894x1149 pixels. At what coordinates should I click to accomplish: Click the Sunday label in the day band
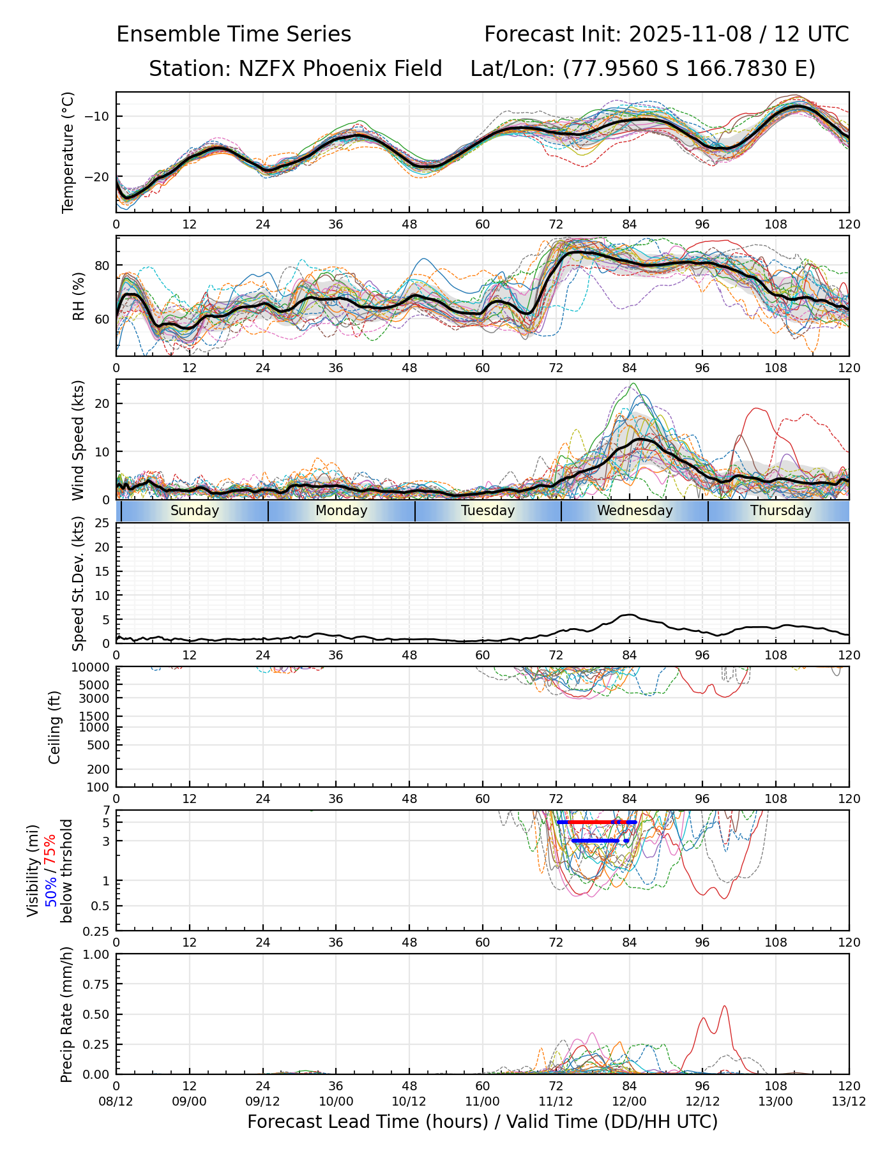coord(195,511)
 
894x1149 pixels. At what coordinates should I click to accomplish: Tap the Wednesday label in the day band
coord(635,511)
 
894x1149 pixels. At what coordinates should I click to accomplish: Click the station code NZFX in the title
coord(267,68)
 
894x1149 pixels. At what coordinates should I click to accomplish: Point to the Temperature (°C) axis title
coord(68,152)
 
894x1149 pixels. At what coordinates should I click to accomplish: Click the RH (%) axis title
coord(79,296)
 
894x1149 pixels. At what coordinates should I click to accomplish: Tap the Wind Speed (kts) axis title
coord(79,440)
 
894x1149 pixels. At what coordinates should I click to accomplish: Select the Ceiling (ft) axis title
coord(55,727)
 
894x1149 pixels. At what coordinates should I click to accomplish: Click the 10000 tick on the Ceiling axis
coord(93,668)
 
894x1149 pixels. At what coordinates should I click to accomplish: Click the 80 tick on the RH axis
coord(102,266)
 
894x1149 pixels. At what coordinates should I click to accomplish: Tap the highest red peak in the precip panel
coord(725,1007)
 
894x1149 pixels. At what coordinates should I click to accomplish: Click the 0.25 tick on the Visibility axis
coord(99,931)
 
